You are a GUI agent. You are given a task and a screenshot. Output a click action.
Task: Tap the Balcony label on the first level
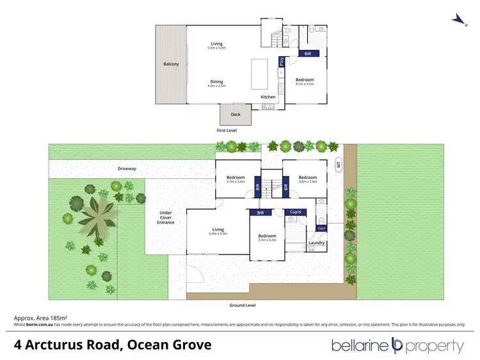pos(170,64)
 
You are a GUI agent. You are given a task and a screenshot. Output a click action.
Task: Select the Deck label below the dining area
pos(236,114)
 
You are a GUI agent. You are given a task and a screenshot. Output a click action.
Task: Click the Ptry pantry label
pos(281,62)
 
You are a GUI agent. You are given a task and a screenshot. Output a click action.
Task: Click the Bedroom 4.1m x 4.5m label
pos(304,81)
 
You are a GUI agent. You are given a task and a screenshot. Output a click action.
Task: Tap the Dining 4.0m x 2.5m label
pos(217,83)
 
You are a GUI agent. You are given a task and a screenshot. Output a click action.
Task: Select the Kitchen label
pos(268,97)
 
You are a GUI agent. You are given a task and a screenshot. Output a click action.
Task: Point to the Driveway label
pos(127,169)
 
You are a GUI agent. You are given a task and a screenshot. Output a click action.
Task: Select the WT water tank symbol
pos(339,164)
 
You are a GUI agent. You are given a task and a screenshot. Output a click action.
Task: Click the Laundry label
pos(317,242)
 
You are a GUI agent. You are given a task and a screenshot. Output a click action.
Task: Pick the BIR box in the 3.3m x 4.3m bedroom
pos(260,212)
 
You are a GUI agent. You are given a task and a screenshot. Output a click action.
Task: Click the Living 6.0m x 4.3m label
pos(218,231)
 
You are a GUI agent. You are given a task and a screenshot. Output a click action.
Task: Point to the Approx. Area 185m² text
pos(41,318)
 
